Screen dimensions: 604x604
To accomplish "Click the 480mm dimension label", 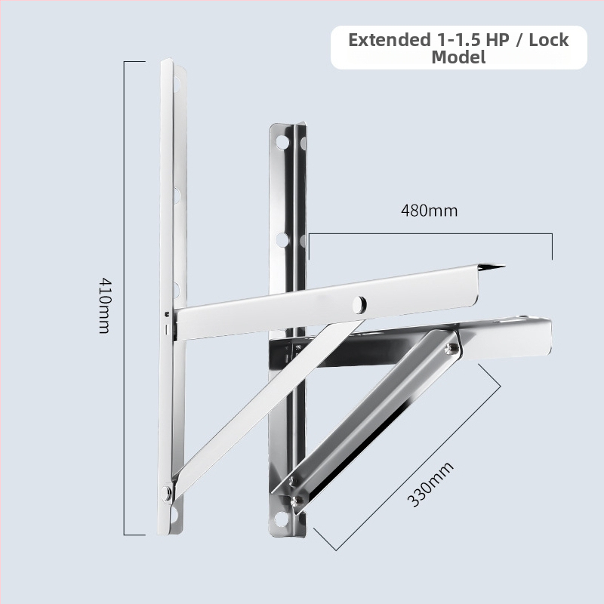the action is (429, 211).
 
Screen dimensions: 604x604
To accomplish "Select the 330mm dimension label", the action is (430, 484).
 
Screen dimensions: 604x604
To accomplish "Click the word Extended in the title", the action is (389, 40).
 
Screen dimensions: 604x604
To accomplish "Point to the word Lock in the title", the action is (549, 40).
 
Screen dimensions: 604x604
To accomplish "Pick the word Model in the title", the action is (458, 57).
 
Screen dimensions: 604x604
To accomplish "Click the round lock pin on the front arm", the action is (359, 304).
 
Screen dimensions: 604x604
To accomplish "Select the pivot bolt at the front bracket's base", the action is (167, 493).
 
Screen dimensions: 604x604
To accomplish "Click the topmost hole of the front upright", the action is (177, 83).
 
